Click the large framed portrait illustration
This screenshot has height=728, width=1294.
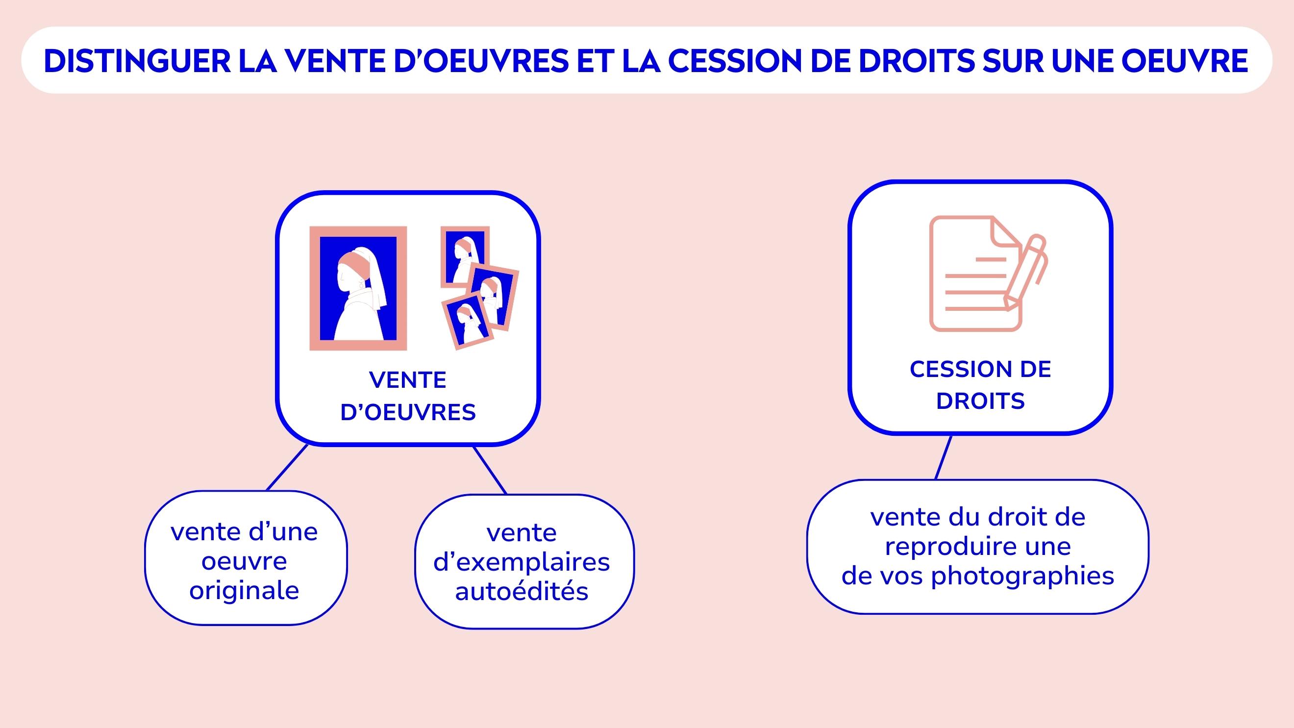[x=358, y=288]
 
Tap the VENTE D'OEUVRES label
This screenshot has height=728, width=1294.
[x=408, y=396]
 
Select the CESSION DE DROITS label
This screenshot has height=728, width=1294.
[x=980, y=385]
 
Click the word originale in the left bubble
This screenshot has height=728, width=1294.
[x=244, y=590]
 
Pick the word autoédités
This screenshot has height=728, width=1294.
[x=522, y=591]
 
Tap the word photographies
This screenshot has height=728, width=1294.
[x=1023, y=576]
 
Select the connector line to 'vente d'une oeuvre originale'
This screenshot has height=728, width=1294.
[x=287, y=467]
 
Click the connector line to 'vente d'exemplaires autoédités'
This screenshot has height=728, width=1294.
[x=490, y=470]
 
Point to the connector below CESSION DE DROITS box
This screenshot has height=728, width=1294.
[x=944, y=457]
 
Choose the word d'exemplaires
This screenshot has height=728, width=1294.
[x=522, y=562]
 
